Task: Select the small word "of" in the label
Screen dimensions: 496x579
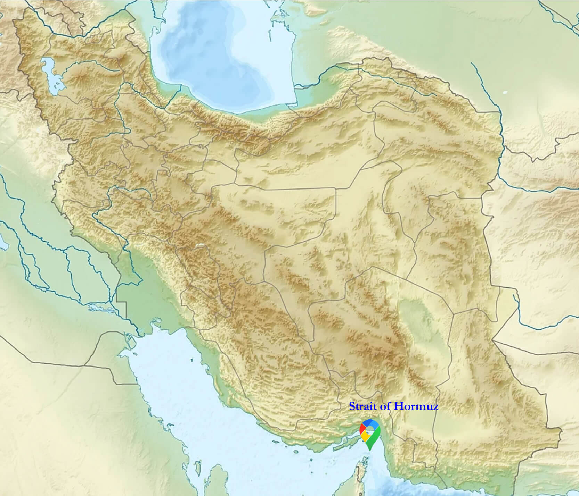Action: (385, 406)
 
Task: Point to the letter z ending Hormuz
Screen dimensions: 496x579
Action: (435, 407)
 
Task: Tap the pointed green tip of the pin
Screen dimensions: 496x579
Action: (370, 449)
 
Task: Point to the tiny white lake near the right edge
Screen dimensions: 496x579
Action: (505, 92)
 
